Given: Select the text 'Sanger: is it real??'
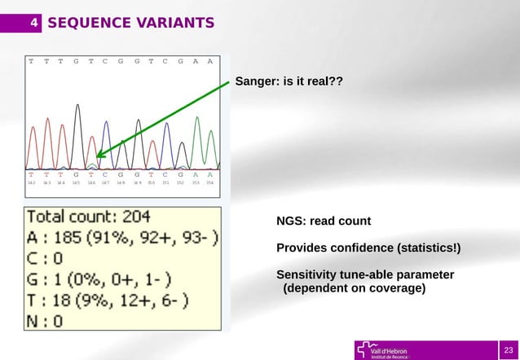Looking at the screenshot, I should (289, 82).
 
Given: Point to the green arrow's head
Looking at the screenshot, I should (99, 155).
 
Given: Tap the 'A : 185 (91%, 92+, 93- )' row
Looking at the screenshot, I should (122, 239).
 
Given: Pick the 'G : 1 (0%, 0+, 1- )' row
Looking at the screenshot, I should (99, 279).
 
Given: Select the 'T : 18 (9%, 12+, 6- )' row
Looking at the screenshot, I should (107, 301).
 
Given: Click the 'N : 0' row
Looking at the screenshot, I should (46, 321).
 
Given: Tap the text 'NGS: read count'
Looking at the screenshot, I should (324, 222).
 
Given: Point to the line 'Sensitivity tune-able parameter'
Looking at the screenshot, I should (365, 274).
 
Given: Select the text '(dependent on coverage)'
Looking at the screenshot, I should (354, 288).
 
